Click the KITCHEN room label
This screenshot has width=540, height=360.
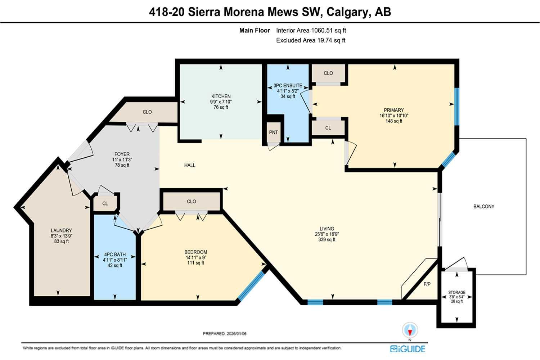tap(221, 96)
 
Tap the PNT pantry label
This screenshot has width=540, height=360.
tap(273, 132)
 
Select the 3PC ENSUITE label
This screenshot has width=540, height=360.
tap(288, 86)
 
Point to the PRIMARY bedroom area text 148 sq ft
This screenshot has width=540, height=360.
tap(393, 121)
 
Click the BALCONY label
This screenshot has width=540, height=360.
tap(483, 206)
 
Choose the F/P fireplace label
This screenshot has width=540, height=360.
tap(427, 284)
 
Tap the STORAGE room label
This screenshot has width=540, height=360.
tap(456, 292)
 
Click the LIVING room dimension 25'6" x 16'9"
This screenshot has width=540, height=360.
tap(327, 234)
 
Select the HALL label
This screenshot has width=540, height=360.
tap(190, 165)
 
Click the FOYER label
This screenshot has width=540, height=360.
tap(122, 154)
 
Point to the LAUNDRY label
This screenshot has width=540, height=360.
tap(61, 230)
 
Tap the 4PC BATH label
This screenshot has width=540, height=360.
tap(115, 255)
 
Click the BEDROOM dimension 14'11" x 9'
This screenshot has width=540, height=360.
tap(195, 257)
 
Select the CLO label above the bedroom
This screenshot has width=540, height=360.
tap(191, 201)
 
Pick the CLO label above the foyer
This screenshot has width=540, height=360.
tap(147, 112)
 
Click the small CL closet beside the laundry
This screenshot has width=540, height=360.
tap(105, 203)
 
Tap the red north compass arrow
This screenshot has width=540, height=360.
tap(410, 330)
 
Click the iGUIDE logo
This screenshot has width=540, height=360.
tap(408, 348)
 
